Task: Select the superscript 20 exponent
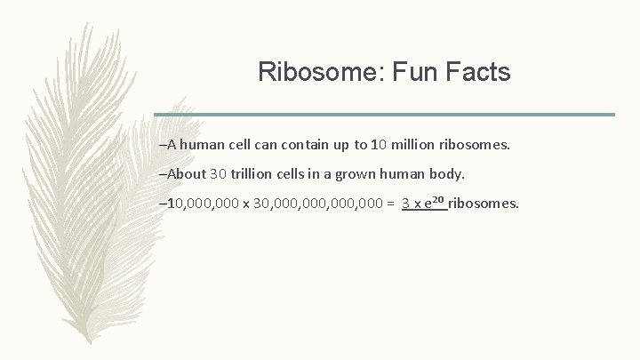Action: coord(438,201)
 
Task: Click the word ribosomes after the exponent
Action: coord(484,205)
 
